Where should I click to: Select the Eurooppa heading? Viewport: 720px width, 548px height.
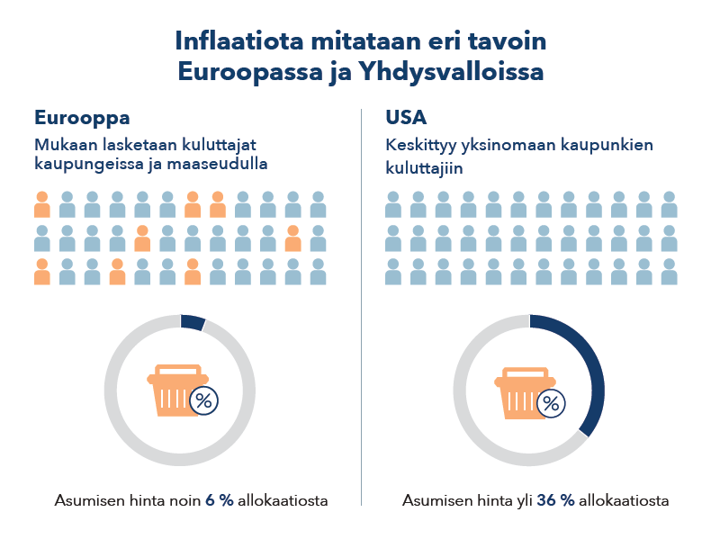pyautogui.click(x=82, y=118)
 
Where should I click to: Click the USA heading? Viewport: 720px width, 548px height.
pyautogui.click(x=406, y=118)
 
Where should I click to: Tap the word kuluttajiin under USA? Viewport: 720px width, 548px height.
pyautogui.click(x=424, y=166)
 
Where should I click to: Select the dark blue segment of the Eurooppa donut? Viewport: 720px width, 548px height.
pyautogui.click(x=193, y=322)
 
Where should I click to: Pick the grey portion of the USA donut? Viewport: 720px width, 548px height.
pyautogui.click(x=477, y=423)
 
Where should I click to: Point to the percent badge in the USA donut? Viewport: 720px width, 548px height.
pyautogui.click(x=552, y=403)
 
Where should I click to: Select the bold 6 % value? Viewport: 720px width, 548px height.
pyautogui.click(x=220, y=501)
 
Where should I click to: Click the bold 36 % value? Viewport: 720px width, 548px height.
pyautogui.click(x=555, y=501)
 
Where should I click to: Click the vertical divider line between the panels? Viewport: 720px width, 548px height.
pyautogui.click(x=361, y=306)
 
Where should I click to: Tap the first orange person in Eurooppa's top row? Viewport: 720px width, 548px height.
pyautogui.click(x=41, y=204)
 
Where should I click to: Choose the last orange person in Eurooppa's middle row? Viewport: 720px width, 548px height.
pyautogui.click(x=292, y=238)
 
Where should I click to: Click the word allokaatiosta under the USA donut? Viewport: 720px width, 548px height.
pyautogui.click(x=625, y=501)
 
